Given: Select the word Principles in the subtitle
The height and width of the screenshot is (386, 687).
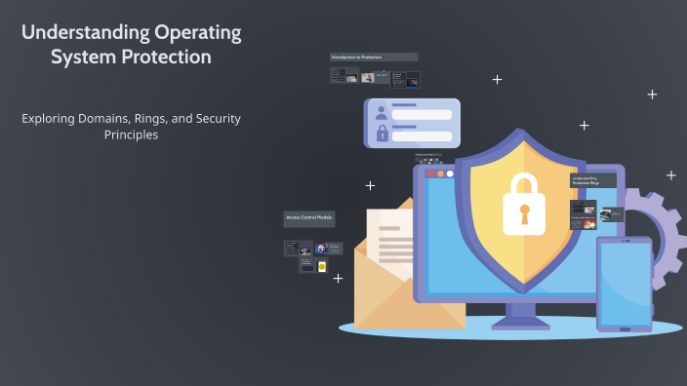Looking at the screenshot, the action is (x=131, y=135).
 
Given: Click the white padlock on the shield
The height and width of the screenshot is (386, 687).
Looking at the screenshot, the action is (x=523, y=206).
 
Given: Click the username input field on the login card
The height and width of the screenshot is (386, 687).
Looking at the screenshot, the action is (x=422, y=114).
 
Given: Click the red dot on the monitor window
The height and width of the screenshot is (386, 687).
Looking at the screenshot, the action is (x=428, y=174).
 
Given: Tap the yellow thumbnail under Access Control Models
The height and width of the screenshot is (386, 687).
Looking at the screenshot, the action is (x=322, y=266).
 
